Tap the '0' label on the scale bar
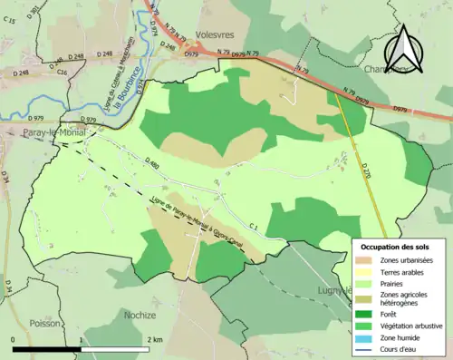point(13,339)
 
